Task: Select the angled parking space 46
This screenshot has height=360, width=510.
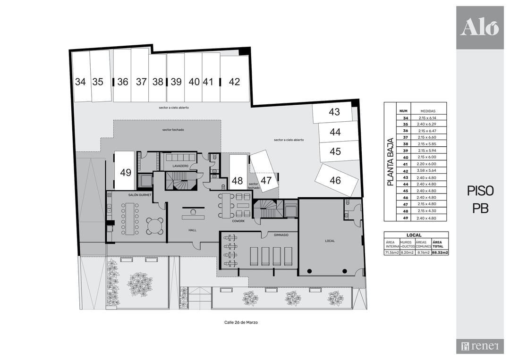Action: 336,180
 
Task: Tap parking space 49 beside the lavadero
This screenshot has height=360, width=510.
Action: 125,171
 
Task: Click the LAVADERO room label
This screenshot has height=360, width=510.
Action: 180,166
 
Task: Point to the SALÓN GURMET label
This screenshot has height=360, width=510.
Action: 140,195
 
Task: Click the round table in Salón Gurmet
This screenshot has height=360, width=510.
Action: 155,226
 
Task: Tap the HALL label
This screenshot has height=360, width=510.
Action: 192,230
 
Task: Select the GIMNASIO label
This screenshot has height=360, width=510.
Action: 281,234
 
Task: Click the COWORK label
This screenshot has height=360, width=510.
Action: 238,221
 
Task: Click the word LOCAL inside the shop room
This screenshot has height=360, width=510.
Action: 330,241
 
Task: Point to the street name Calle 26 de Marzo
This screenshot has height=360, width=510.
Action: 241,322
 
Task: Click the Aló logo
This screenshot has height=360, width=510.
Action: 480,27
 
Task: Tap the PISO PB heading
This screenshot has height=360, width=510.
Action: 480,200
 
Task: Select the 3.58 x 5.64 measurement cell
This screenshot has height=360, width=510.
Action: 426,171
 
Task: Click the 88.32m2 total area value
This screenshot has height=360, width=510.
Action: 440,252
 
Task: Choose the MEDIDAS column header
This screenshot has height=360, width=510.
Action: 428,111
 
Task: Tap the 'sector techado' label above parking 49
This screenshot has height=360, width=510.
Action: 173,130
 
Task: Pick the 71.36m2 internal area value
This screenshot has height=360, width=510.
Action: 392,252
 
